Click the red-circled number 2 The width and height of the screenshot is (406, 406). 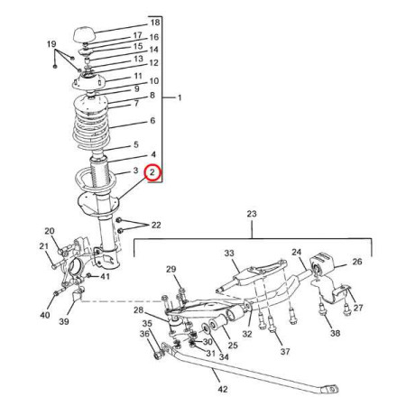pos(153,172)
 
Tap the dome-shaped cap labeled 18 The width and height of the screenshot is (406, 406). pos(85,35)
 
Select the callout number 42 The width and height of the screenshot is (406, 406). pos(223,389)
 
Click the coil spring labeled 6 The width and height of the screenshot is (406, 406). pos(91,126)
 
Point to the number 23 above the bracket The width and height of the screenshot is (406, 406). pos(252,214)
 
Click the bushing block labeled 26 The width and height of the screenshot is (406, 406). pos(322,263)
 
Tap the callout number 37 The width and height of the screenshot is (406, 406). pos(285,351)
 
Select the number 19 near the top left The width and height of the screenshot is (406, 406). pos(51,44)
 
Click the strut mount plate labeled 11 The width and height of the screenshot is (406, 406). pos(88,82)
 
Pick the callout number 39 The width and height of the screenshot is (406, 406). pos(64,321)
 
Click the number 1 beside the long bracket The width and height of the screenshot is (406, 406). pos(180,97)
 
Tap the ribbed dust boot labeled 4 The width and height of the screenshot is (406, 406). pos(99,171)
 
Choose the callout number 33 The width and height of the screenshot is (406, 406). pos(229,254)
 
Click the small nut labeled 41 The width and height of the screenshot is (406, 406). pos(88,275)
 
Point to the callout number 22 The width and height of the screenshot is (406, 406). pos(156,225)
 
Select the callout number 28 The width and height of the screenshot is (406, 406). pos(139,309)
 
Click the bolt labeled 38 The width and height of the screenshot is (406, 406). pos(322,309)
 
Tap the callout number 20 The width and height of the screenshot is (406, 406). pos(50,231)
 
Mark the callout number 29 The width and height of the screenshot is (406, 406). pos(171,269)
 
